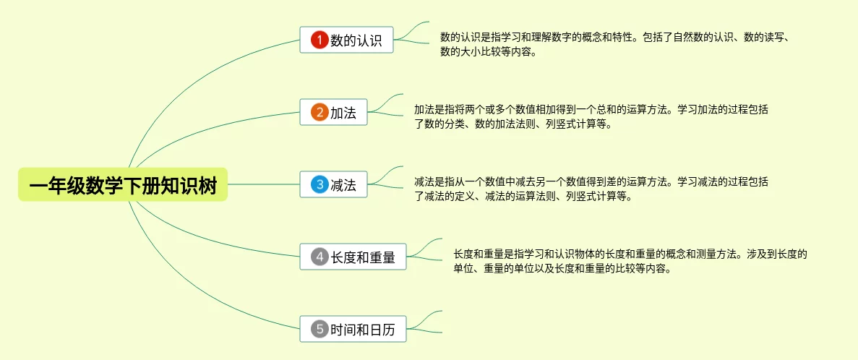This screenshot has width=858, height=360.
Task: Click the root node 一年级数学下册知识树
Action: click(123, 184)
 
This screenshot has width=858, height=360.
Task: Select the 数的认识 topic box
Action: click(346, 40)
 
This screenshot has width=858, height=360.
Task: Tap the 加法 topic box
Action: click(333, 112)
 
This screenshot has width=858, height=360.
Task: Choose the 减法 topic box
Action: click(333, 184)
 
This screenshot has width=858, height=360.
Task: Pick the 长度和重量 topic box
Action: click(353, 256)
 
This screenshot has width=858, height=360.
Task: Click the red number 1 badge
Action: click(319, 40)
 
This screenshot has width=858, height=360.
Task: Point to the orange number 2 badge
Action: click(319, 112)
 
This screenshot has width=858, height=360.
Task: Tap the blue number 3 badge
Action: click(319, 184)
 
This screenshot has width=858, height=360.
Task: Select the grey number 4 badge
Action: click(319, 256)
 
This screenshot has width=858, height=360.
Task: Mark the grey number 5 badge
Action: click(319, 329)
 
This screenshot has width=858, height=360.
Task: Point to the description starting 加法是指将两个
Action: click(591, 116)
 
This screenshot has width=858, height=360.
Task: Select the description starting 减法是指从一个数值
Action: click(591, 189)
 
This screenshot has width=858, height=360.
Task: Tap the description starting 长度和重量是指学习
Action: click(630, 261)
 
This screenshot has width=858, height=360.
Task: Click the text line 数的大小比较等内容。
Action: click(488, 52)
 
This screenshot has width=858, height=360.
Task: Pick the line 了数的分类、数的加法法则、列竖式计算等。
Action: click(513, 124)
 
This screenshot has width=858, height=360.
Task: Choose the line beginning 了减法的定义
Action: click(523, 196)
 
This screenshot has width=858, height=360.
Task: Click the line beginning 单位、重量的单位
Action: click(563, 269)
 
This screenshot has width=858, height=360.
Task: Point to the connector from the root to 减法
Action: click(264, 184)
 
